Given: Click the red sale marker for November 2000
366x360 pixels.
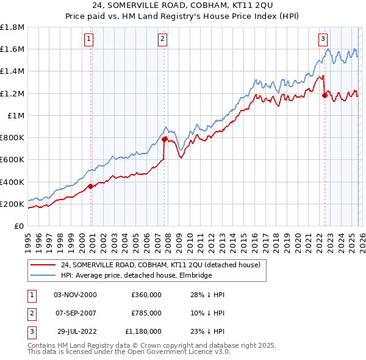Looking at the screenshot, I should pyautogui.click(x=90, y=187).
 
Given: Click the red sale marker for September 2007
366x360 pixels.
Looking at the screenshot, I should pyautogui.click(x=165, y=140).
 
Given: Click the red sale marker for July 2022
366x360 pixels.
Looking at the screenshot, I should pyautogui.click(x=325, y=94).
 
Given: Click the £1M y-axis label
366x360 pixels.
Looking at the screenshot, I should pyautogui.click(x=16, y=115).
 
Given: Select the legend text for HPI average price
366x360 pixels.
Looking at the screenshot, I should pyautogui.click(x=136, y=276).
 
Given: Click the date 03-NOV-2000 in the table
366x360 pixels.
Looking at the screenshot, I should pyautogui.click(x=75, y=295).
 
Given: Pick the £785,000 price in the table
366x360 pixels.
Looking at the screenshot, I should pyautogui.click(x=146, y=313).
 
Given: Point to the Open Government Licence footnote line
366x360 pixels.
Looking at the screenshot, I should pyautogui.click(x=129, y=352).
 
